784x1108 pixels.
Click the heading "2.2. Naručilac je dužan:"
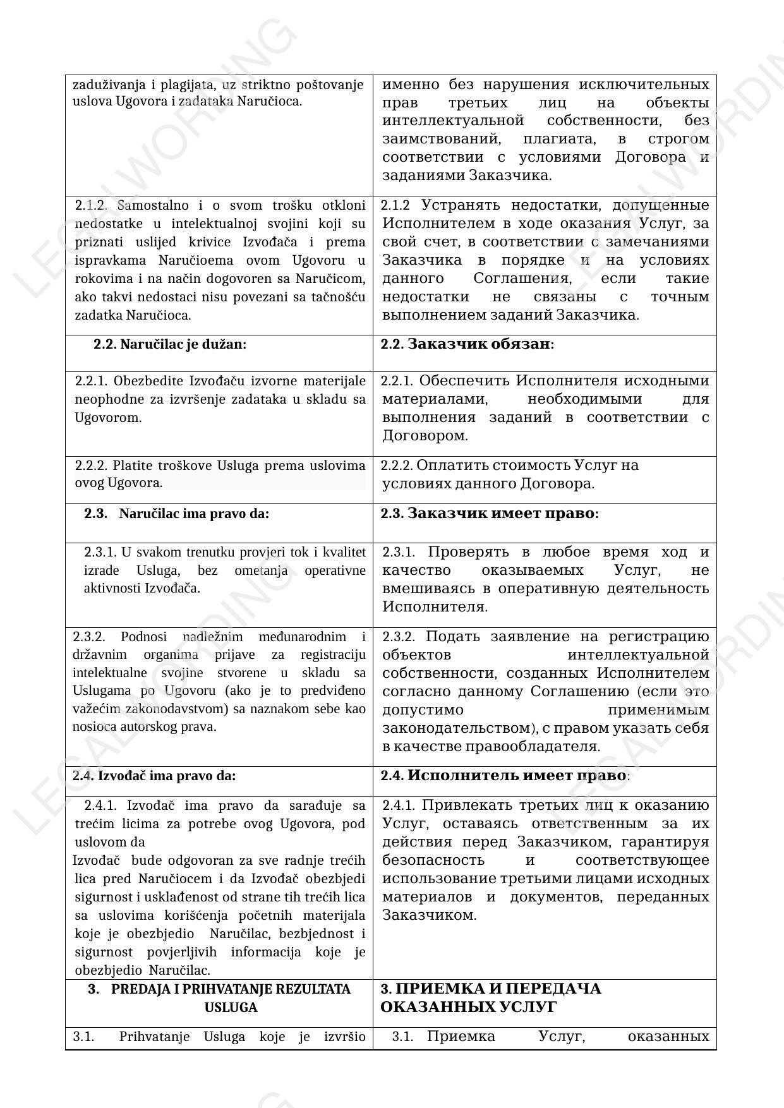[170, 344]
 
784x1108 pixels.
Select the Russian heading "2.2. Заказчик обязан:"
[467, 344]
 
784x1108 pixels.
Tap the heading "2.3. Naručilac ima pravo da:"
[177, 514]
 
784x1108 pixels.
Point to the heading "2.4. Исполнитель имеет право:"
[505, 776]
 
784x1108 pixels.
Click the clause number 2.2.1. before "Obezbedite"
[92, 381]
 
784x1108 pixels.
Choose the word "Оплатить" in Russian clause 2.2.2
[448, 466]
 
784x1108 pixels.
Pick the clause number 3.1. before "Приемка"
[402, 1037]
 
